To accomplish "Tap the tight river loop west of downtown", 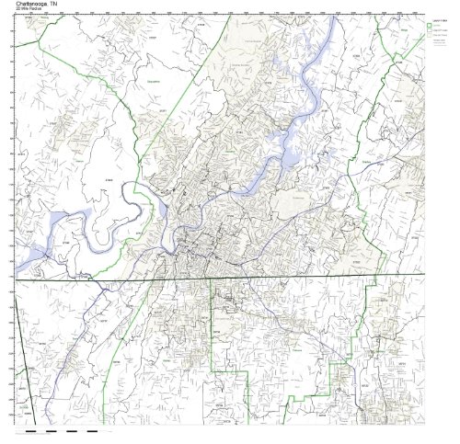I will pos(138,211).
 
